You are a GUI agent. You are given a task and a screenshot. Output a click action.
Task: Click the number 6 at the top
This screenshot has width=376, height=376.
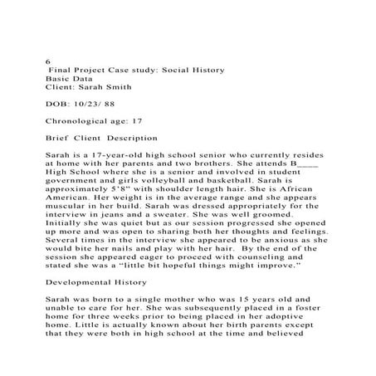pyautogui.click(x=47, y=61)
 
